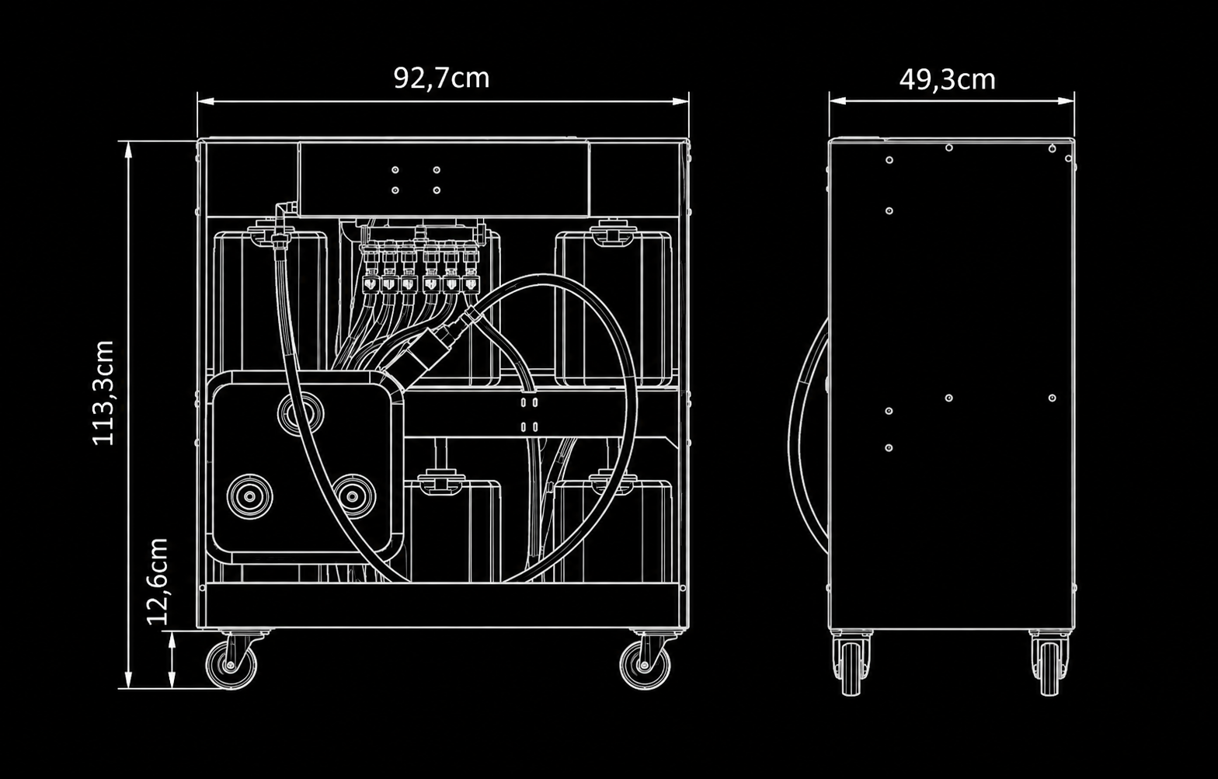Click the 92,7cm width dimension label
coord(441,78)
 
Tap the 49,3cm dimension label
coord(947,80)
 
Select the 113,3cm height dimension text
coord(103,393)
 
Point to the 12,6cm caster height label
coord(158,582)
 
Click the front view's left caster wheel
coord(231,665)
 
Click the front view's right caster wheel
coord(646,665)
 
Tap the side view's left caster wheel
coord(851,669)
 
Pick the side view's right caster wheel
coord(1049,669)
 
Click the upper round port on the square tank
coord(301,414)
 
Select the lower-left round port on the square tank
coord(249,496)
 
